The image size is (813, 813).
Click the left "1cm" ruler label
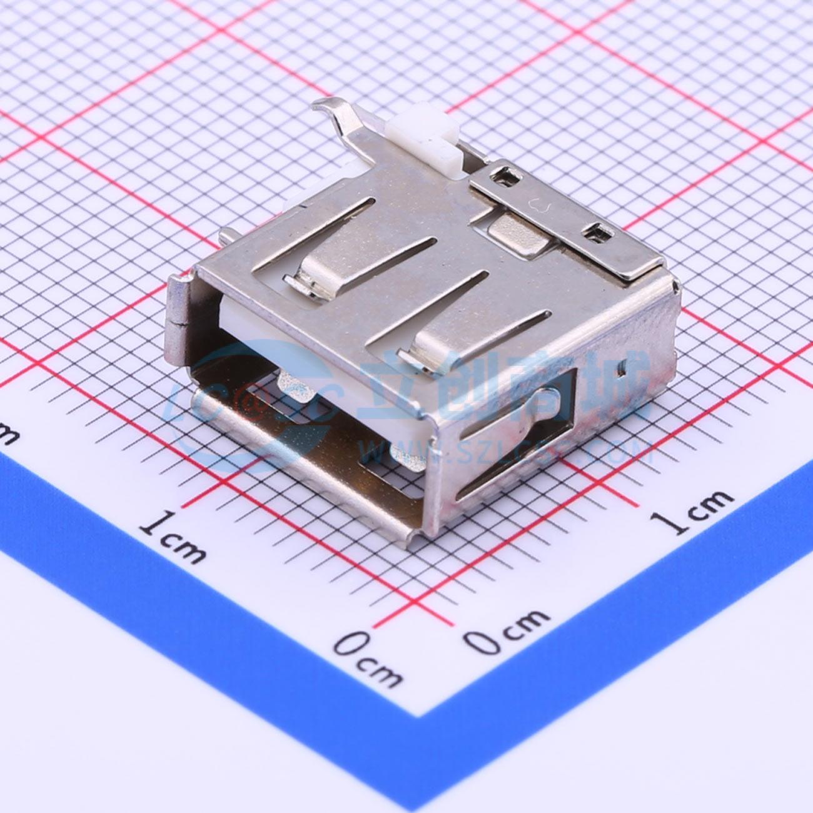(x=171, y=537)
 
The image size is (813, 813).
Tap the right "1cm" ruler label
(x=693, y=511)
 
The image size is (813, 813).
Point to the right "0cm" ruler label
(x=507, y=632)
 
